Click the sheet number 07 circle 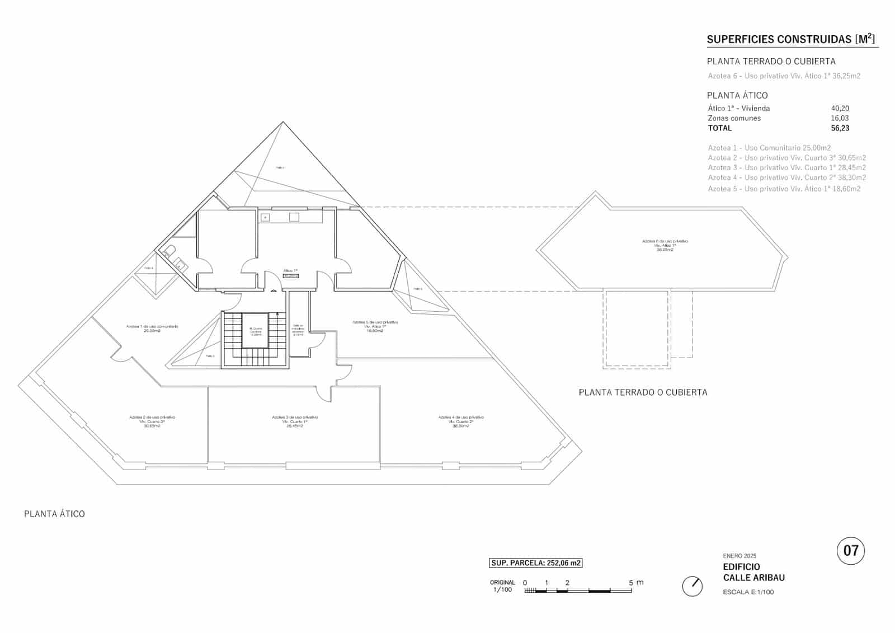point(850,551)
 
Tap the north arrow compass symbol point(693,586)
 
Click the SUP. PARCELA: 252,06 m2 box point(536,563)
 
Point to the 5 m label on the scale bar point(635,583)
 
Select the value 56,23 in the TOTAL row point(840,128)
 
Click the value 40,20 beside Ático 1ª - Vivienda point(840,109)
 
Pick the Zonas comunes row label point(734,118)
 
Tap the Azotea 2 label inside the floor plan point(152,421)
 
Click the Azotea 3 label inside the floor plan point(295,421)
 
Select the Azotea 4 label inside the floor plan point(461,421)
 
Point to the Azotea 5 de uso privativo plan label point(375,326)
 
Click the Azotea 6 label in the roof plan point(665,245)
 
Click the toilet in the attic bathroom point(169,251)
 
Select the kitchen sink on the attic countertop point(266,217)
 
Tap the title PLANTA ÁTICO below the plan point(54,514)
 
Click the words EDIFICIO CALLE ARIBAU point(753,572)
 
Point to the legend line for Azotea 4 point(786,177)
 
